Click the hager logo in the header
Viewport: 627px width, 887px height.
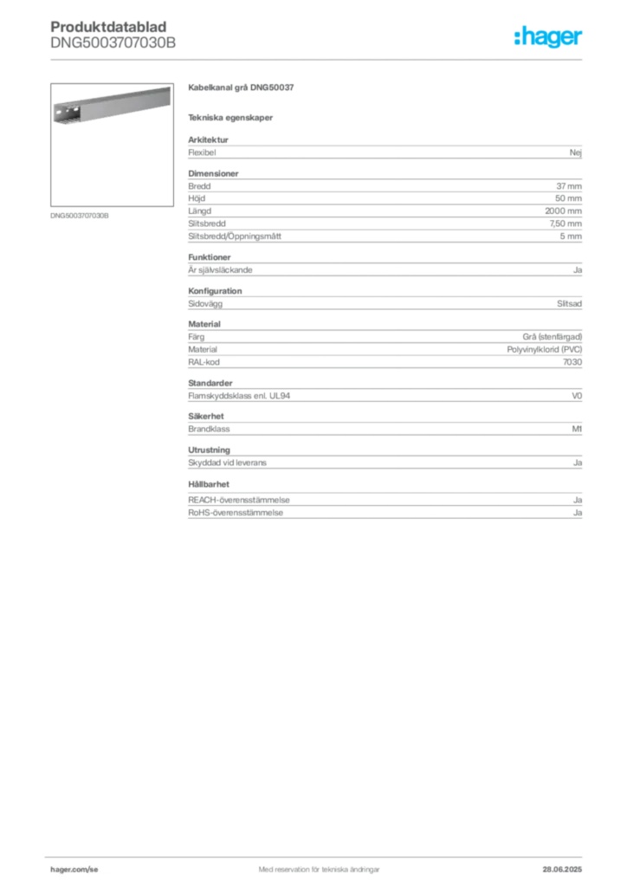(548, 36)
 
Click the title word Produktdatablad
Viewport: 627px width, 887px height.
(108, 27)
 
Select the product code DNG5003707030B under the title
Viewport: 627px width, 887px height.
(113, 42)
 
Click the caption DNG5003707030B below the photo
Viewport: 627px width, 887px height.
(79, 216)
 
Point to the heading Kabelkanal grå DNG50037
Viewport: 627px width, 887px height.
(241, 87)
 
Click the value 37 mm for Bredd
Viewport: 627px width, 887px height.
(569, 186)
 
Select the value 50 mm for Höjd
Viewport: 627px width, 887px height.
(568, 198)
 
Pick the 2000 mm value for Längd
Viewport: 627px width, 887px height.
(563, 211)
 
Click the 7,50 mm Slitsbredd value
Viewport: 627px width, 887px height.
(566, 223)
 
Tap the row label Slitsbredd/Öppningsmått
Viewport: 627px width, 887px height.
(235, 236)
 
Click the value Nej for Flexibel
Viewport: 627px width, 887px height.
(576, 152)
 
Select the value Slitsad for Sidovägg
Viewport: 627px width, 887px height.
(569, 304)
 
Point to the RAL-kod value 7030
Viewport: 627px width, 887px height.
(572, 362)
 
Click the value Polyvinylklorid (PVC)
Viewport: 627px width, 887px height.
(545, 350)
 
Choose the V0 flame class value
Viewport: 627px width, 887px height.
(577, 396)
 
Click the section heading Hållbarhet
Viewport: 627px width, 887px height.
(209, 484)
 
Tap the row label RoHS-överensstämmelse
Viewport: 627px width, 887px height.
(236, 513)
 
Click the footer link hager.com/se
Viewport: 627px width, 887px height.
(74, 870)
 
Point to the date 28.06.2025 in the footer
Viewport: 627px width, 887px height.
(562, 870)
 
